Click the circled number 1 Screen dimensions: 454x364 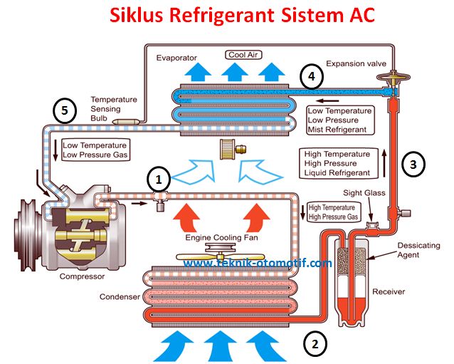pos(159,180)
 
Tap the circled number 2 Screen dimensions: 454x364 pos(315,344)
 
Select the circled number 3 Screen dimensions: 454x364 pos(413,165)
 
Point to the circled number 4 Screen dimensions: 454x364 pos(312,76)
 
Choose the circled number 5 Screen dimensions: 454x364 pos(65,110)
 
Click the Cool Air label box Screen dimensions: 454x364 pos(243,55)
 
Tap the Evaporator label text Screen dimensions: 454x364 pos(176,58)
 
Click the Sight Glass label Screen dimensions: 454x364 pos(364,193)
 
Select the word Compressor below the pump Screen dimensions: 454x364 pos(82,276)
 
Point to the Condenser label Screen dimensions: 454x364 pos(120,297)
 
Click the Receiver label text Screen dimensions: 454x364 pos(389,291)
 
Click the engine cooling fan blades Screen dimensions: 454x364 pos(221,256)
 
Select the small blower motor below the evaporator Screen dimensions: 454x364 pos(233,150)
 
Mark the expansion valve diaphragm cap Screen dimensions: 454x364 pos(393,76)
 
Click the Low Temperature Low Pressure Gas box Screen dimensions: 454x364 pos(95,150)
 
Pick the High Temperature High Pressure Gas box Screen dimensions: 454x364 pos(333,212)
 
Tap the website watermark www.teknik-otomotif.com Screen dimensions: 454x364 pos(258,263)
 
